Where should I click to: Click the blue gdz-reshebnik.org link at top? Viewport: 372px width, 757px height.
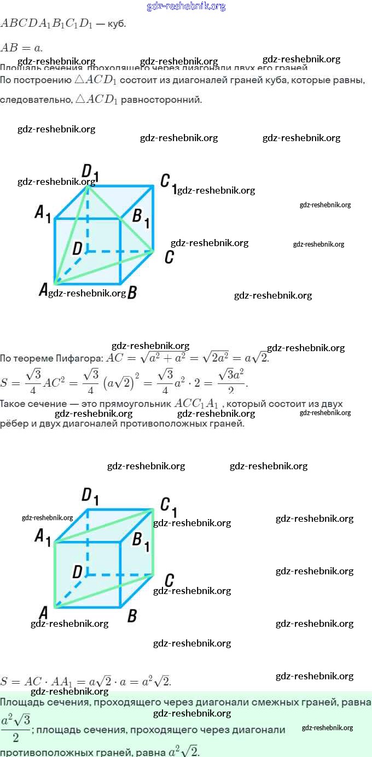186,7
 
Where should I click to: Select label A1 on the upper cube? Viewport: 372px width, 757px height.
43,213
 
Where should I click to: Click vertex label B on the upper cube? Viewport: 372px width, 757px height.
131,292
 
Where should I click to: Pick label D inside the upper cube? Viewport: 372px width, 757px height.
77,249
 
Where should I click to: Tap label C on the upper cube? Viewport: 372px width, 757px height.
169,257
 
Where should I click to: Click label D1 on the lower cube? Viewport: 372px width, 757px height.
90,496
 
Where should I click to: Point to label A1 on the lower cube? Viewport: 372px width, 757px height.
43,537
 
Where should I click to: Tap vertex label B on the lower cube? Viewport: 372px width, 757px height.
132,616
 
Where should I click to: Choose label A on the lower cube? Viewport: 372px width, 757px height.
43,613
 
